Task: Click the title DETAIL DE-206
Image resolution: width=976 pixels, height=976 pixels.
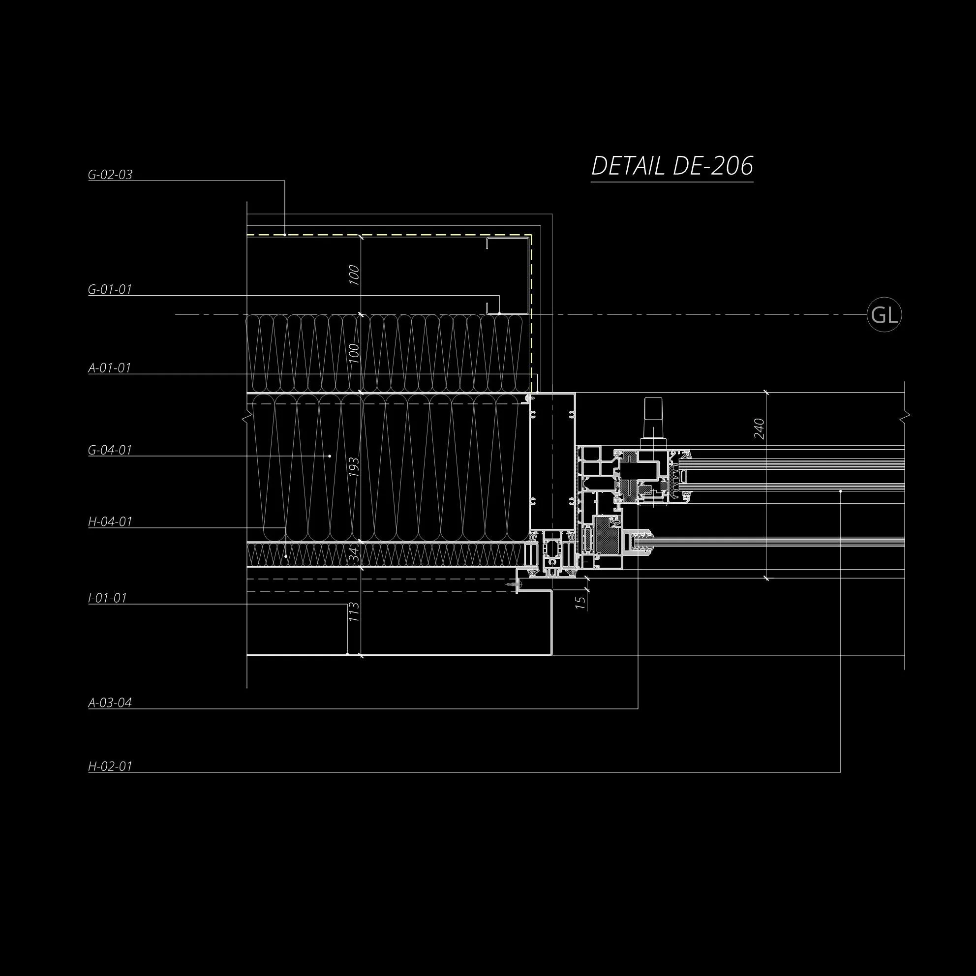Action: tap(672, 166)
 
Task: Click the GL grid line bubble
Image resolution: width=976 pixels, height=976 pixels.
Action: tap(884, 315)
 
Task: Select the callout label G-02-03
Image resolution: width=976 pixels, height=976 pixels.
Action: tap(110, 175)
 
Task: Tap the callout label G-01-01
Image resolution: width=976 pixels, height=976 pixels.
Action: tap(110, 289)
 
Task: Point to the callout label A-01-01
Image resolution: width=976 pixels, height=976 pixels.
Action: tap(110, 368)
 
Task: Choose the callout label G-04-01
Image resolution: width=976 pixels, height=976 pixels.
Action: tap(110, 450)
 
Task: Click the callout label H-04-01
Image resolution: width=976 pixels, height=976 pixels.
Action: tap(110, 521)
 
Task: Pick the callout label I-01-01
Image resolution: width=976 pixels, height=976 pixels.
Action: tap(107, 598)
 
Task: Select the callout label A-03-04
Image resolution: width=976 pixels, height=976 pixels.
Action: tap(110, 702)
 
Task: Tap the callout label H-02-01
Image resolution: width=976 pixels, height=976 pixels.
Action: tap(110, 766)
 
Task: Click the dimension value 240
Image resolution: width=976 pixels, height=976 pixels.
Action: tap(759, 429)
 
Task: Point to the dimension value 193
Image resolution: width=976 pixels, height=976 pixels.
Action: tap(354, 467)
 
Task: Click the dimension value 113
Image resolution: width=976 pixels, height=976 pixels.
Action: tap(354, 612)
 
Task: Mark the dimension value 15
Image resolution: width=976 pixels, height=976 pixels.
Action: tap(581, 603)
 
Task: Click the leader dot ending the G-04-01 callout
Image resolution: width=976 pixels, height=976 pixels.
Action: tap(330, 456)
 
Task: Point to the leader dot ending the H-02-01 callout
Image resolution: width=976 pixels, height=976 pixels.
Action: tap(841, 491)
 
